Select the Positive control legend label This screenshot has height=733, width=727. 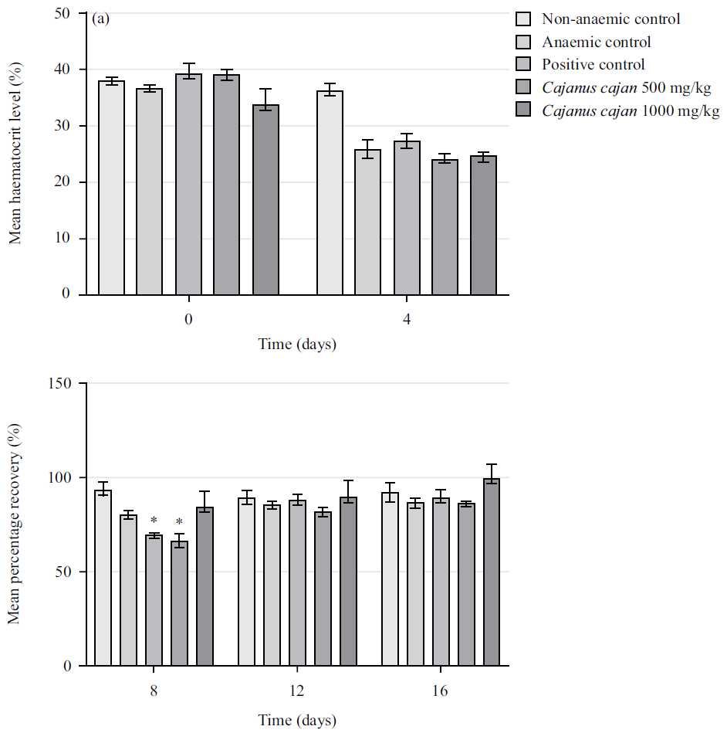(593, 65)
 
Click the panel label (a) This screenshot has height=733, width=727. (101, 19)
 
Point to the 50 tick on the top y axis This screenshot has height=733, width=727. (68, 14)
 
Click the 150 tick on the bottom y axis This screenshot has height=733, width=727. (63, 384)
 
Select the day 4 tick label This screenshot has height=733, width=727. (407, 318)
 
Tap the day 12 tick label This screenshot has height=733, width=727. (297, 690)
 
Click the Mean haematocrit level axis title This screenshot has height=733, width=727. (15, 154)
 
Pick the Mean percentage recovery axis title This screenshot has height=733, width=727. (15, 525)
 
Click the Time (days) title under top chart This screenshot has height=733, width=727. (297, 344)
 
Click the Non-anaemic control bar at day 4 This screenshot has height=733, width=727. (330, 193)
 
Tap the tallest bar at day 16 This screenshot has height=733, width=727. (492, 572)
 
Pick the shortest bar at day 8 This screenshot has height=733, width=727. (179, 602)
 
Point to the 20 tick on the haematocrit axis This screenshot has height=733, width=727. (68, 182)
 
